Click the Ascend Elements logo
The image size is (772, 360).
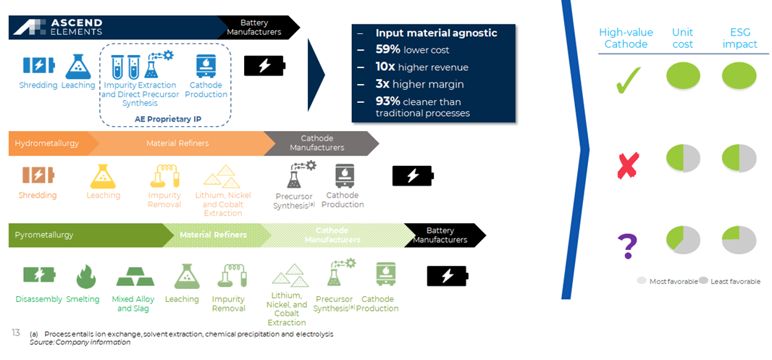tap(58, 28)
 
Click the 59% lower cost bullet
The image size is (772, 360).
tap(412, 50)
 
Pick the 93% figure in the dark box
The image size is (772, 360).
tap(387, 101)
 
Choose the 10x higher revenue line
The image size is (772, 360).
tap(421, 67)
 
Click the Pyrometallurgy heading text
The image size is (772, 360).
tap(44, 235)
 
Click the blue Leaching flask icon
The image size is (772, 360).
tap(78, 67)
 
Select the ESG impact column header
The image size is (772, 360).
tap(739, 38)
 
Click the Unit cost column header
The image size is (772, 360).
tap(682, 38)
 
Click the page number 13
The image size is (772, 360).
tap(15, 332)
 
